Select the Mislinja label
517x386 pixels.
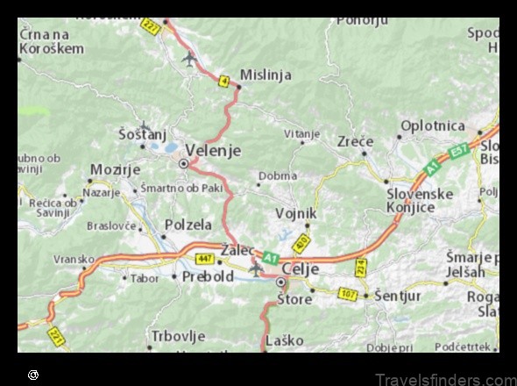[266, 75]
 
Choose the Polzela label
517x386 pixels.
[188, 225]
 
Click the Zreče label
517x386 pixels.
[355, 141]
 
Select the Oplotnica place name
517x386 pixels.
[432, 126]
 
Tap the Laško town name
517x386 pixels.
[284, 340]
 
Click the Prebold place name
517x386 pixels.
[208, 276]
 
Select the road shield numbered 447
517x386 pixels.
[205, 259]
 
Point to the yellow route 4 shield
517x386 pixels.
[224, 82]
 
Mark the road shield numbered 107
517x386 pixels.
[348, 295]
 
